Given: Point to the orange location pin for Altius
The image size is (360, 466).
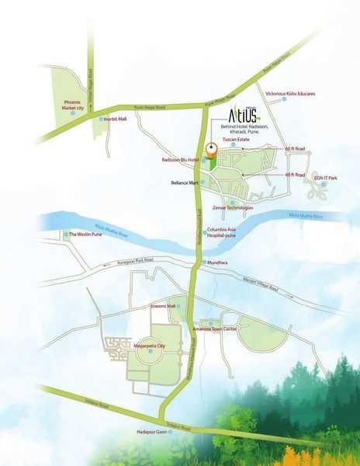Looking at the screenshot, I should [209, 151].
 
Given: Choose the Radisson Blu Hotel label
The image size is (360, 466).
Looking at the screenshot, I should [181, 159].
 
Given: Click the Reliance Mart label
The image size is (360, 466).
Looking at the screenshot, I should [185, 183].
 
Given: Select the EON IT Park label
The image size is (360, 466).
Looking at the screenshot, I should [325, 179].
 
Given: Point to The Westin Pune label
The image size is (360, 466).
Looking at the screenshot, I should [86, 234].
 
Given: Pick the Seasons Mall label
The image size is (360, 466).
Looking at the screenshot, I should [163, 306].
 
